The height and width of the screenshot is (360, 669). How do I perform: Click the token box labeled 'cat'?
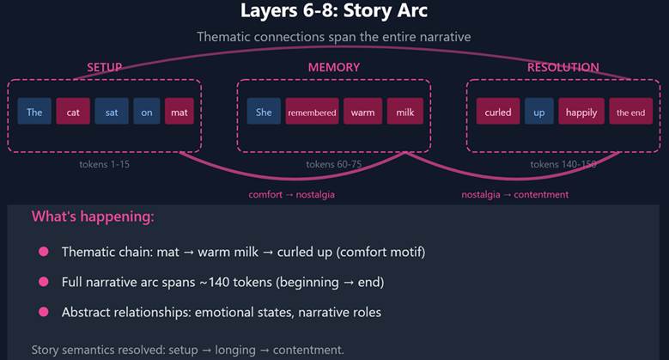(73, 112)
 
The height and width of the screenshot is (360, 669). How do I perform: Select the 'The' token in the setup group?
(34, 112)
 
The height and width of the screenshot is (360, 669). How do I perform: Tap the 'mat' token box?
(179, 112)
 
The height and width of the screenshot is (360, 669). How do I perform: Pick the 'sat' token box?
(112, 112)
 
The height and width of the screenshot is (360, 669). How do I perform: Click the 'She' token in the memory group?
(264, 112)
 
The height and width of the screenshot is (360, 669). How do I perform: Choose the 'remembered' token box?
(312, 112)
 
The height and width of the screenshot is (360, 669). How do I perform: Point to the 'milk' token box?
(404, 112)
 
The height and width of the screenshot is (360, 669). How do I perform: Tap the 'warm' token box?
(362, 112)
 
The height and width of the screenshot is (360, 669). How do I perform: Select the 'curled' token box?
(498, 112)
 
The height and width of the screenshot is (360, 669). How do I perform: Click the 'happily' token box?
(581, 112)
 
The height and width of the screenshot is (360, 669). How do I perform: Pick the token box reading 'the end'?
(630, 112)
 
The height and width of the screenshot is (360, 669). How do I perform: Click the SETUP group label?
(105, 67)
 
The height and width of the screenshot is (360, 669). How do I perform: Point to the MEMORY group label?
(333, 67)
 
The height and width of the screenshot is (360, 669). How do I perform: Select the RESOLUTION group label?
(563, 67)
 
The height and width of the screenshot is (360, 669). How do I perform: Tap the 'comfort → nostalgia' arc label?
(292, 194)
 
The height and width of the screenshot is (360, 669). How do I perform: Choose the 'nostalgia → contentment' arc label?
(515, 194)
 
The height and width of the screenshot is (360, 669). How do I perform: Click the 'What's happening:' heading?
(93, 217)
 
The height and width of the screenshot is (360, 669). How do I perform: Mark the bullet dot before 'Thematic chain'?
(43, 253)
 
